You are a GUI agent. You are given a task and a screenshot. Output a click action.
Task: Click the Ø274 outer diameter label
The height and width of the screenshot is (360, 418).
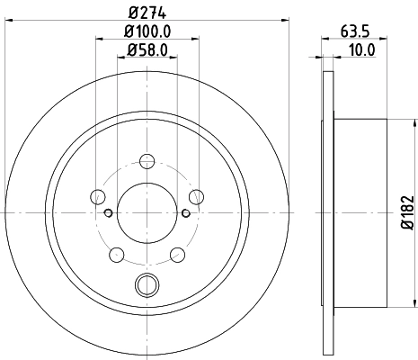coord(146,12)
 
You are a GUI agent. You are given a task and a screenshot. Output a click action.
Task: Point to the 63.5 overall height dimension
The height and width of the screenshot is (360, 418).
coord(352,30)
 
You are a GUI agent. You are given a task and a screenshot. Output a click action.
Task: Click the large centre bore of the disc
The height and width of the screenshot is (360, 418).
coord(145,211)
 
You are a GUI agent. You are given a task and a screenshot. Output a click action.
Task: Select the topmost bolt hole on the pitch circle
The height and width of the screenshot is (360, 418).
coord(145,163)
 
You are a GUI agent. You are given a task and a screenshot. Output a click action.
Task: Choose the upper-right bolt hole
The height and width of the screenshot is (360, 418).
coord(195,197)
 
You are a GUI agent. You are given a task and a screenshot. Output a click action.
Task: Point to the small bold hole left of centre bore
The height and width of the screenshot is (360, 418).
coord(108,213)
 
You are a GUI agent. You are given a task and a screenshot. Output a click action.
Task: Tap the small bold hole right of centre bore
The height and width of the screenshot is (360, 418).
coord(185,213)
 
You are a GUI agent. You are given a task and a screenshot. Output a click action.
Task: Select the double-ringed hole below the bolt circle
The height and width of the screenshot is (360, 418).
coord(145,286)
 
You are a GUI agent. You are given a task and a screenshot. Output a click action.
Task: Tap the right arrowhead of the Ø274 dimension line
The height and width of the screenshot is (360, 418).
coord(288,21)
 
